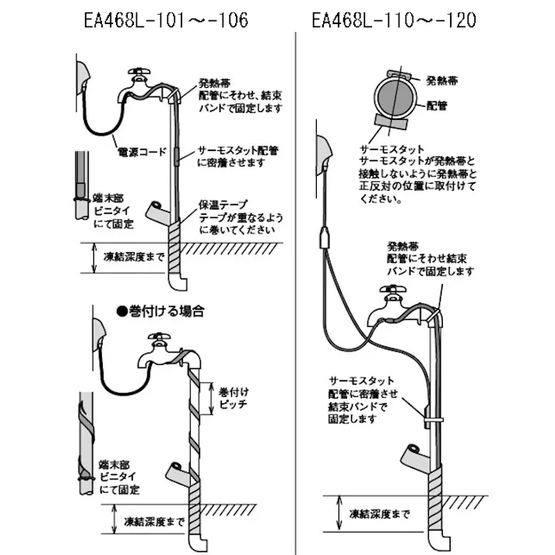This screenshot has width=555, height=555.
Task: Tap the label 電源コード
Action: point(142,153)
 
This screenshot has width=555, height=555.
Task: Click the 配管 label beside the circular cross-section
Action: point(437,106)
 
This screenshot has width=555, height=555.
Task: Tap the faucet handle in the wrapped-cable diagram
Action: point(161,339)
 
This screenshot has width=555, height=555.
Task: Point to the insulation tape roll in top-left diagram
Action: point(158,211)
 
